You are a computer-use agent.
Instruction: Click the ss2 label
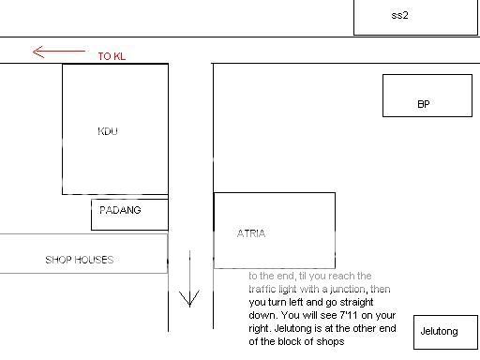coord(399,15)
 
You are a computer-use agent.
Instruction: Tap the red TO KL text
coord(111,57)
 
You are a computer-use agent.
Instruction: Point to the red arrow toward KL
coord(58,52)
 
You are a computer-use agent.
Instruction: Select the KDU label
coord(108,131)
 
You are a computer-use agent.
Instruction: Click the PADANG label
coord(120,210)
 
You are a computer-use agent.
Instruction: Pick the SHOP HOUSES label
coord(79,260)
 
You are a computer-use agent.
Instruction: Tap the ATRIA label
coord(250,233)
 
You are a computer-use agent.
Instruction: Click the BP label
coord(423,104)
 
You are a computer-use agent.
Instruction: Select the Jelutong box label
coord(439,332)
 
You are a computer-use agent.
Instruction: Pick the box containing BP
coord(427,96)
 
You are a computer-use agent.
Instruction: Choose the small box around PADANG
coord(129,214)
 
